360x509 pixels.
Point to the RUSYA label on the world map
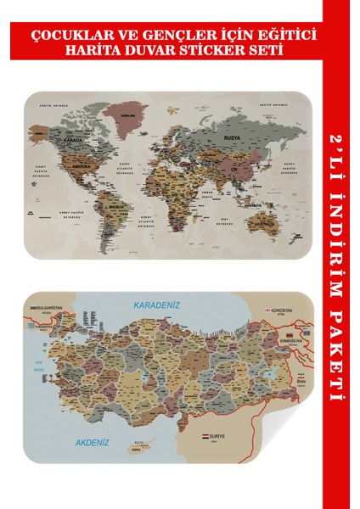[x=233, y=136]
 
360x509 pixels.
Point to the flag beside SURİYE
[x=206, y=438]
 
